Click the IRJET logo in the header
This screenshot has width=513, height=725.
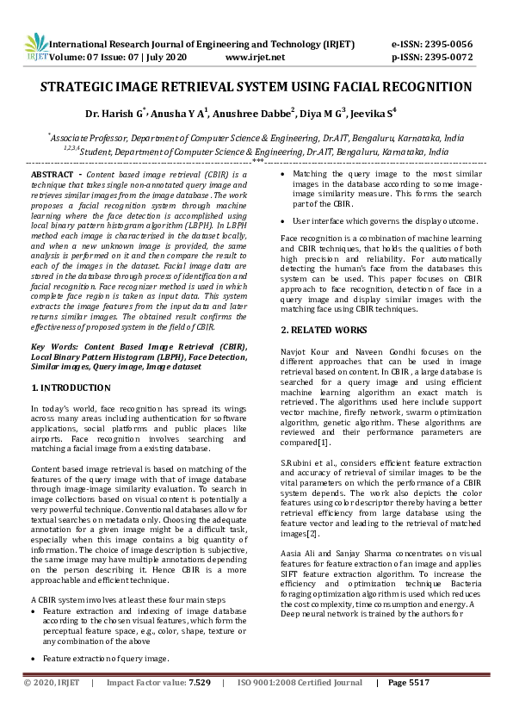tap(36, 49)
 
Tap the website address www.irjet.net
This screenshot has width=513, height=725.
tap(255, 57)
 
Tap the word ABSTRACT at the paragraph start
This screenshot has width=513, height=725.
tap(53, 174)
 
